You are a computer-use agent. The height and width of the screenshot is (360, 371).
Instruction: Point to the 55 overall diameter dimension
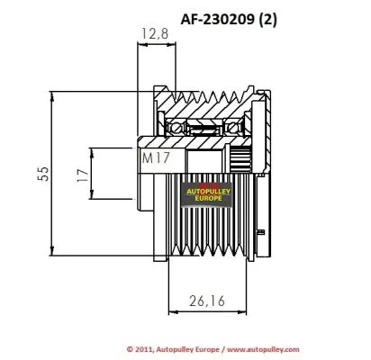coord(41,173)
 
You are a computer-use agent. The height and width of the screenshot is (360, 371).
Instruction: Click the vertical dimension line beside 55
coord(56,173)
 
